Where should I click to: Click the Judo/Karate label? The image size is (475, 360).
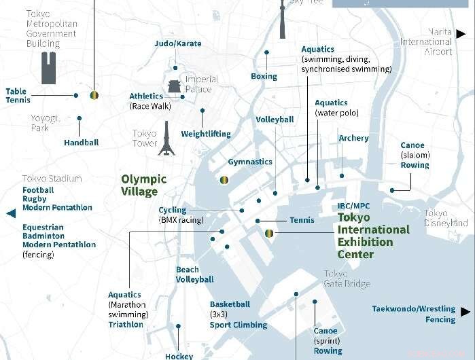[178, 43]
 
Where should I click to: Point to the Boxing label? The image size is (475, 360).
[264, 76]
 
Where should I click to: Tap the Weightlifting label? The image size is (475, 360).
[206, 134]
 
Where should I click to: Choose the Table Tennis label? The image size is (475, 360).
[16, 96]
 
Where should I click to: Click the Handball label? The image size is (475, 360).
[82, 143]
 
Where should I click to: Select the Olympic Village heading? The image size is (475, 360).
[143, 185]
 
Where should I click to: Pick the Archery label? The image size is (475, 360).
[353, 138]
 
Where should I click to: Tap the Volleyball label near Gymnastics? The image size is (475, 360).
[275, 120]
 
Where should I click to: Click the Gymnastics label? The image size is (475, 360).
[249, 162]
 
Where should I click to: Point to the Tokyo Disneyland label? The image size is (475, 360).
[446, 218]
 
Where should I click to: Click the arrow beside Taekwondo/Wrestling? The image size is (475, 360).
[465, 312]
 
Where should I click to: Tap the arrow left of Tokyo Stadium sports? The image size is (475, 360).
[10, 213]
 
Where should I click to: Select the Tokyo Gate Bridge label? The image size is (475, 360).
[347, 278]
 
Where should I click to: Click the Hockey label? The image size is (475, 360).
[179, 355]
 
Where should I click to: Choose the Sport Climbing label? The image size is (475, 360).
[238, 325]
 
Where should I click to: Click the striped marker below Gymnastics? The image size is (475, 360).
[224, 180]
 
